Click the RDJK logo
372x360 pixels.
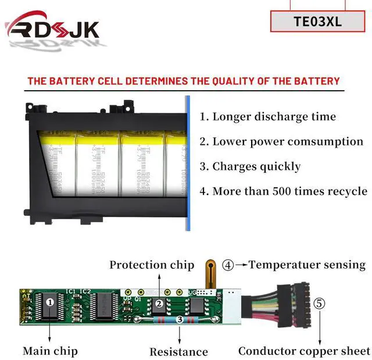52,28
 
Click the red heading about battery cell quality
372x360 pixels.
184,81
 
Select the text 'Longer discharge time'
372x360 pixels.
268,116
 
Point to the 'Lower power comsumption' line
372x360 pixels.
281,141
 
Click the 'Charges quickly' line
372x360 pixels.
251,166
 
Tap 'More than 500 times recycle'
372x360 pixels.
283,191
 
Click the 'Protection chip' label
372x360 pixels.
152,265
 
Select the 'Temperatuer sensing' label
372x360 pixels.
307,265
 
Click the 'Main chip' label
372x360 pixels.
50,351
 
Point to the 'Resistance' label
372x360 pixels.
178,351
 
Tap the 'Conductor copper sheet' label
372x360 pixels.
304,351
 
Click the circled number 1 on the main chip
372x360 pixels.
50,302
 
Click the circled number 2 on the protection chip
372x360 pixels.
158,303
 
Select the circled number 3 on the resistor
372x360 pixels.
179,319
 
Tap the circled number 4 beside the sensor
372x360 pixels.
228,265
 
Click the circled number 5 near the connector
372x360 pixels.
320,303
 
